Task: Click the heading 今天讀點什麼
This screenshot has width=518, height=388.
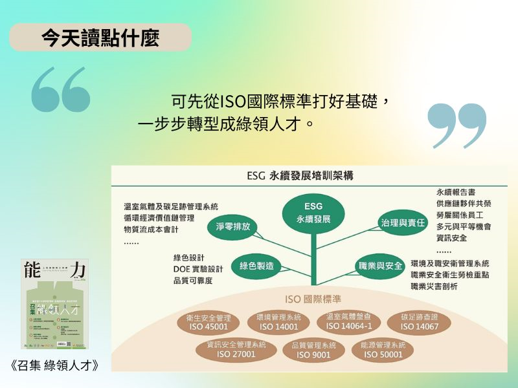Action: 100,38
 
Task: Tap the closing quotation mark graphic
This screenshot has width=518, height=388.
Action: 457,125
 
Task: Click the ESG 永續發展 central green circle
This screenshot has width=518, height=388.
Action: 313,212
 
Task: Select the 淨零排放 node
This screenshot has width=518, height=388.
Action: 233,227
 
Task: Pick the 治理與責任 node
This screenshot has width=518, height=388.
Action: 403,222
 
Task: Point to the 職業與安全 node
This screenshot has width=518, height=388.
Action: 380,266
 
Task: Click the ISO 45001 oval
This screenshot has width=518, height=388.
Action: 208,322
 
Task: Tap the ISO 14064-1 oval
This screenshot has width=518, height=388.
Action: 348,321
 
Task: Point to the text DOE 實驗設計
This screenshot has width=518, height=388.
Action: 197,269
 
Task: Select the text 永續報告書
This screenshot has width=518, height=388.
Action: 456,191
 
